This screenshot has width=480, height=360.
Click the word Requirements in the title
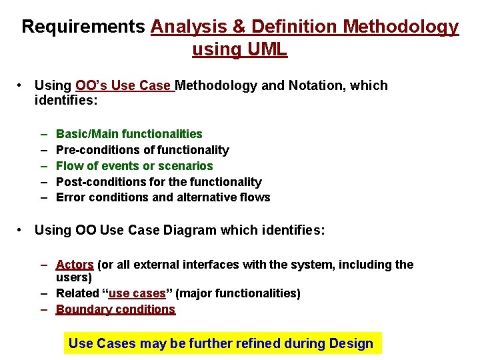click(x=83, y=27)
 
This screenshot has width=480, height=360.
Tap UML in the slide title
click(x=269, y=49)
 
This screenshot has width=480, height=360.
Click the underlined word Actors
click(x=75, y=265)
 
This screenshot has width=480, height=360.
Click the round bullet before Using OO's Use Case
click(x=22, y=85)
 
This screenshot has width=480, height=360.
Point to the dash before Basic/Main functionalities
click(x=43, y=134)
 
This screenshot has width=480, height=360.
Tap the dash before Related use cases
click(x=43, y=293)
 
